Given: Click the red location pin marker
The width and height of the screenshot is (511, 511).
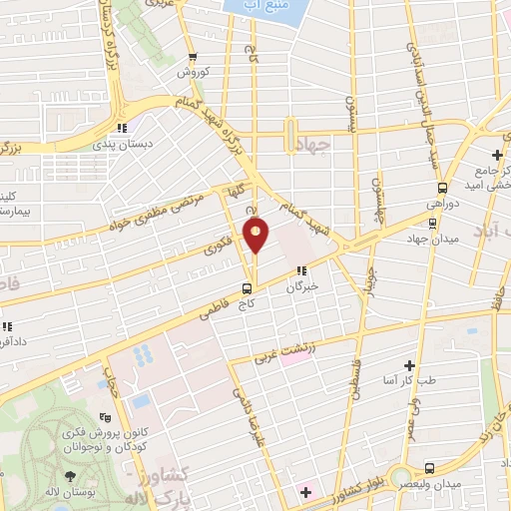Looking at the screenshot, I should tap(256, 235).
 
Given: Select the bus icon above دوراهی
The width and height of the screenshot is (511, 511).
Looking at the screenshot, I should tap(442, 187).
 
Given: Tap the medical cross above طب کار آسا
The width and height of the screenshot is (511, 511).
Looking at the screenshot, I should tap(408, 366).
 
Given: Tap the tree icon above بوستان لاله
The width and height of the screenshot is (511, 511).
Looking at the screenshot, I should tap(71, 449).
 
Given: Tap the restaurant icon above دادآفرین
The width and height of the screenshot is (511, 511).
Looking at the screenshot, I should tap(6, 326).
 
